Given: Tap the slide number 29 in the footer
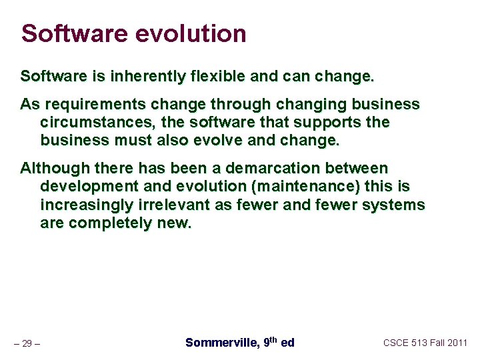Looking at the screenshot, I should (x=27, y=344).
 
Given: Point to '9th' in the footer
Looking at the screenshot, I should (x=270, y=342).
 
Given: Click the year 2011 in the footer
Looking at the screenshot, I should (x=457, y=343).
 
